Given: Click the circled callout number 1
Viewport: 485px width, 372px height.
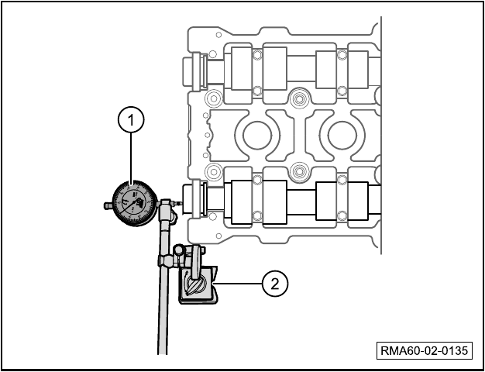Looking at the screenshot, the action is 131,120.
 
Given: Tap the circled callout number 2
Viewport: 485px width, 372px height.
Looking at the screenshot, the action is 275,284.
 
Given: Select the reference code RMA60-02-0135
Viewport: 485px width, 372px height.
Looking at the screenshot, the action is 425,350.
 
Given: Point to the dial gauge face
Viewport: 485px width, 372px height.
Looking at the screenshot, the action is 134,203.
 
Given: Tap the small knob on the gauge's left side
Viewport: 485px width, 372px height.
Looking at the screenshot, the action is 108,205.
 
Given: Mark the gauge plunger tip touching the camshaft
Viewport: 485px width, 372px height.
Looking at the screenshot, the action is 181,204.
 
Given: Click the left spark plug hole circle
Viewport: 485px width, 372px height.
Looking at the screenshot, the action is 257,136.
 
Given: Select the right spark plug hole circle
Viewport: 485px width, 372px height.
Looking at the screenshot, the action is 342,136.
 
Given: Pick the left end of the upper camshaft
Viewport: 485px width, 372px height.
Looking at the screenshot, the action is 187,72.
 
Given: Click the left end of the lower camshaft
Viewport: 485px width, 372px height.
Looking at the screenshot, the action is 187,199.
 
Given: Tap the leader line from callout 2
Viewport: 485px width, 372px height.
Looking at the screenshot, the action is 239,283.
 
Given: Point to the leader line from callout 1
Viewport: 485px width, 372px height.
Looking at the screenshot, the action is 131,157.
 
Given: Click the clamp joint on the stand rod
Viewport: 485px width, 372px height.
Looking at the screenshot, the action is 167,260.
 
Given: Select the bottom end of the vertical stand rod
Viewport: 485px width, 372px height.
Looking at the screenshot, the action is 163,353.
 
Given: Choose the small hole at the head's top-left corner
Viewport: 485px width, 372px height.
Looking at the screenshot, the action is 218,35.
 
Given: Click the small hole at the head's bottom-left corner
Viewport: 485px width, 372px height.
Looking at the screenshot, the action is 218,236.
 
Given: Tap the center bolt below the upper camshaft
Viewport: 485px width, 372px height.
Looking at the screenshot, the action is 298,99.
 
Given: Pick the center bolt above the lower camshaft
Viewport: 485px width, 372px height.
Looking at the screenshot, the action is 298,170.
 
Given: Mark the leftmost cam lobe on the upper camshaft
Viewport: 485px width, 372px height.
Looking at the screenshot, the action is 242,69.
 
